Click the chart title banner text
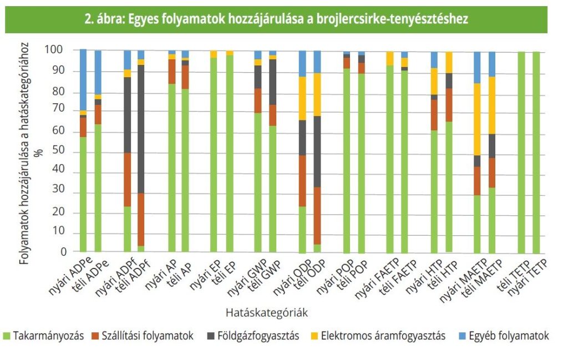tap(276, 19)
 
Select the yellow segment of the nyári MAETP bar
tap(477, 119)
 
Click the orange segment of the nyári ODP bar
tap(302, 181)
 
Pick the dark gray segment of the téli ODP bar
tap(317, 151)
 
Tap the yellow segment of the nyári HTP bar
tap(434, 82)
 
